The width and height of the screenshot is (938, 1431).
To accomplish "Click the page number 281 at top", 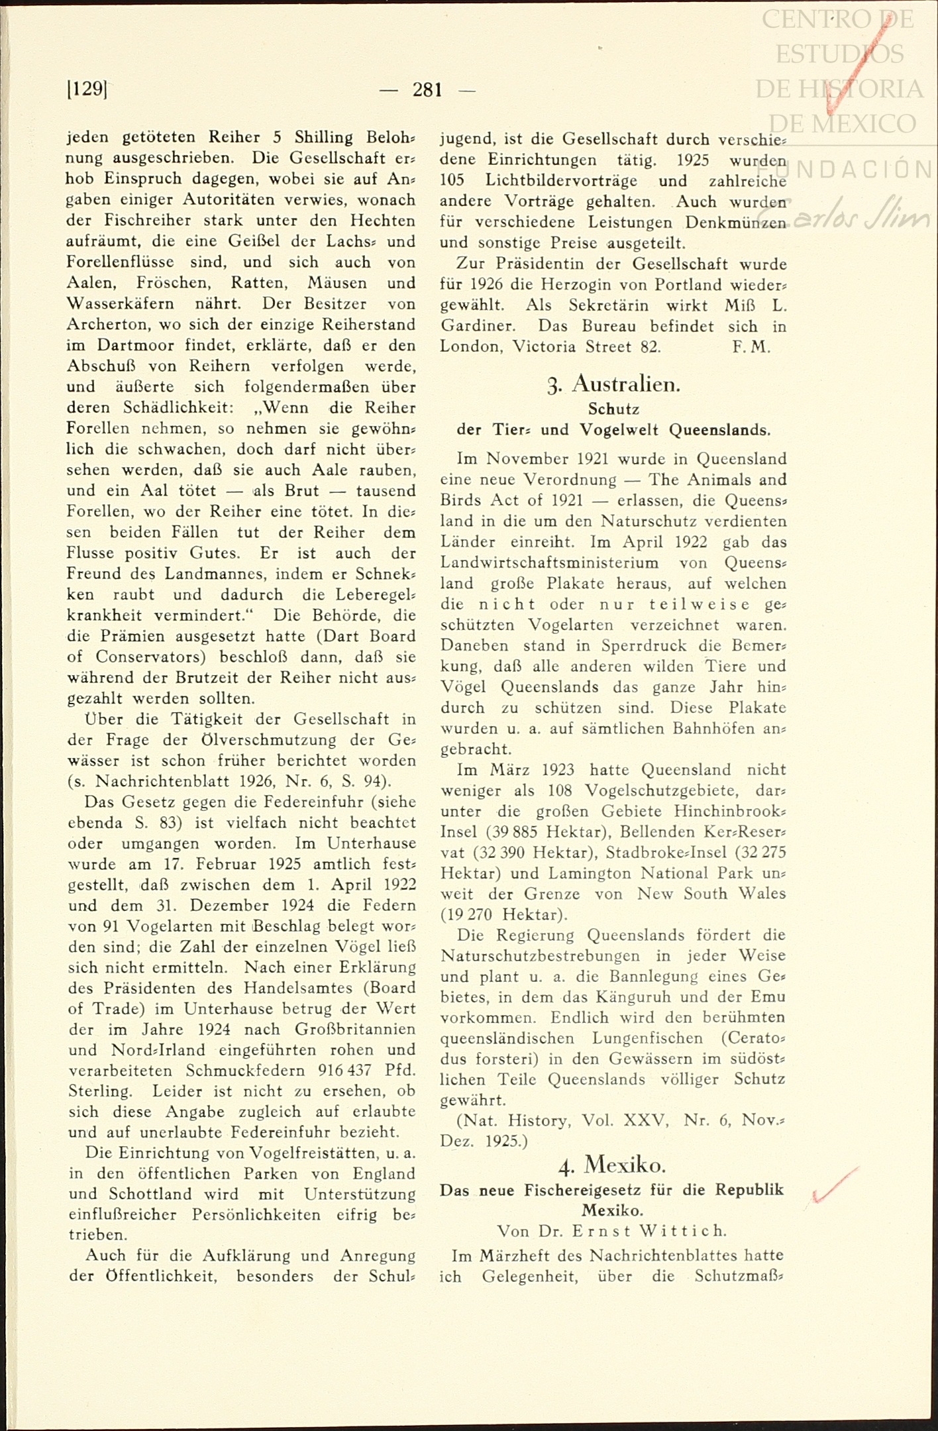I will pyautogui.click(x=427, y=89).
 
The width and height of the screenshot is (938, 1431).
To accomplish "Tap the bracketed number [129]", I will pyautogui.click(x=87, y=88).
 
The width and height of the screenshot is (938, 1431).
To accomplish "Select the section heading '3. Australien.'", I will pyautogui.click(x=614, y=384).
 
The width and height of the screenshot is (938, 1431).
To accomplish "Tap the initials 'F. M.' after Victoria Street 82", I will pyautogui.click(x=751, y=347).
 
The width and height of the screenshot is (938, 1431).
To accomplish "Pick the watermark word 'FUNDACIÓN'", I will pyautogui.click(x=861, y=170).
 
